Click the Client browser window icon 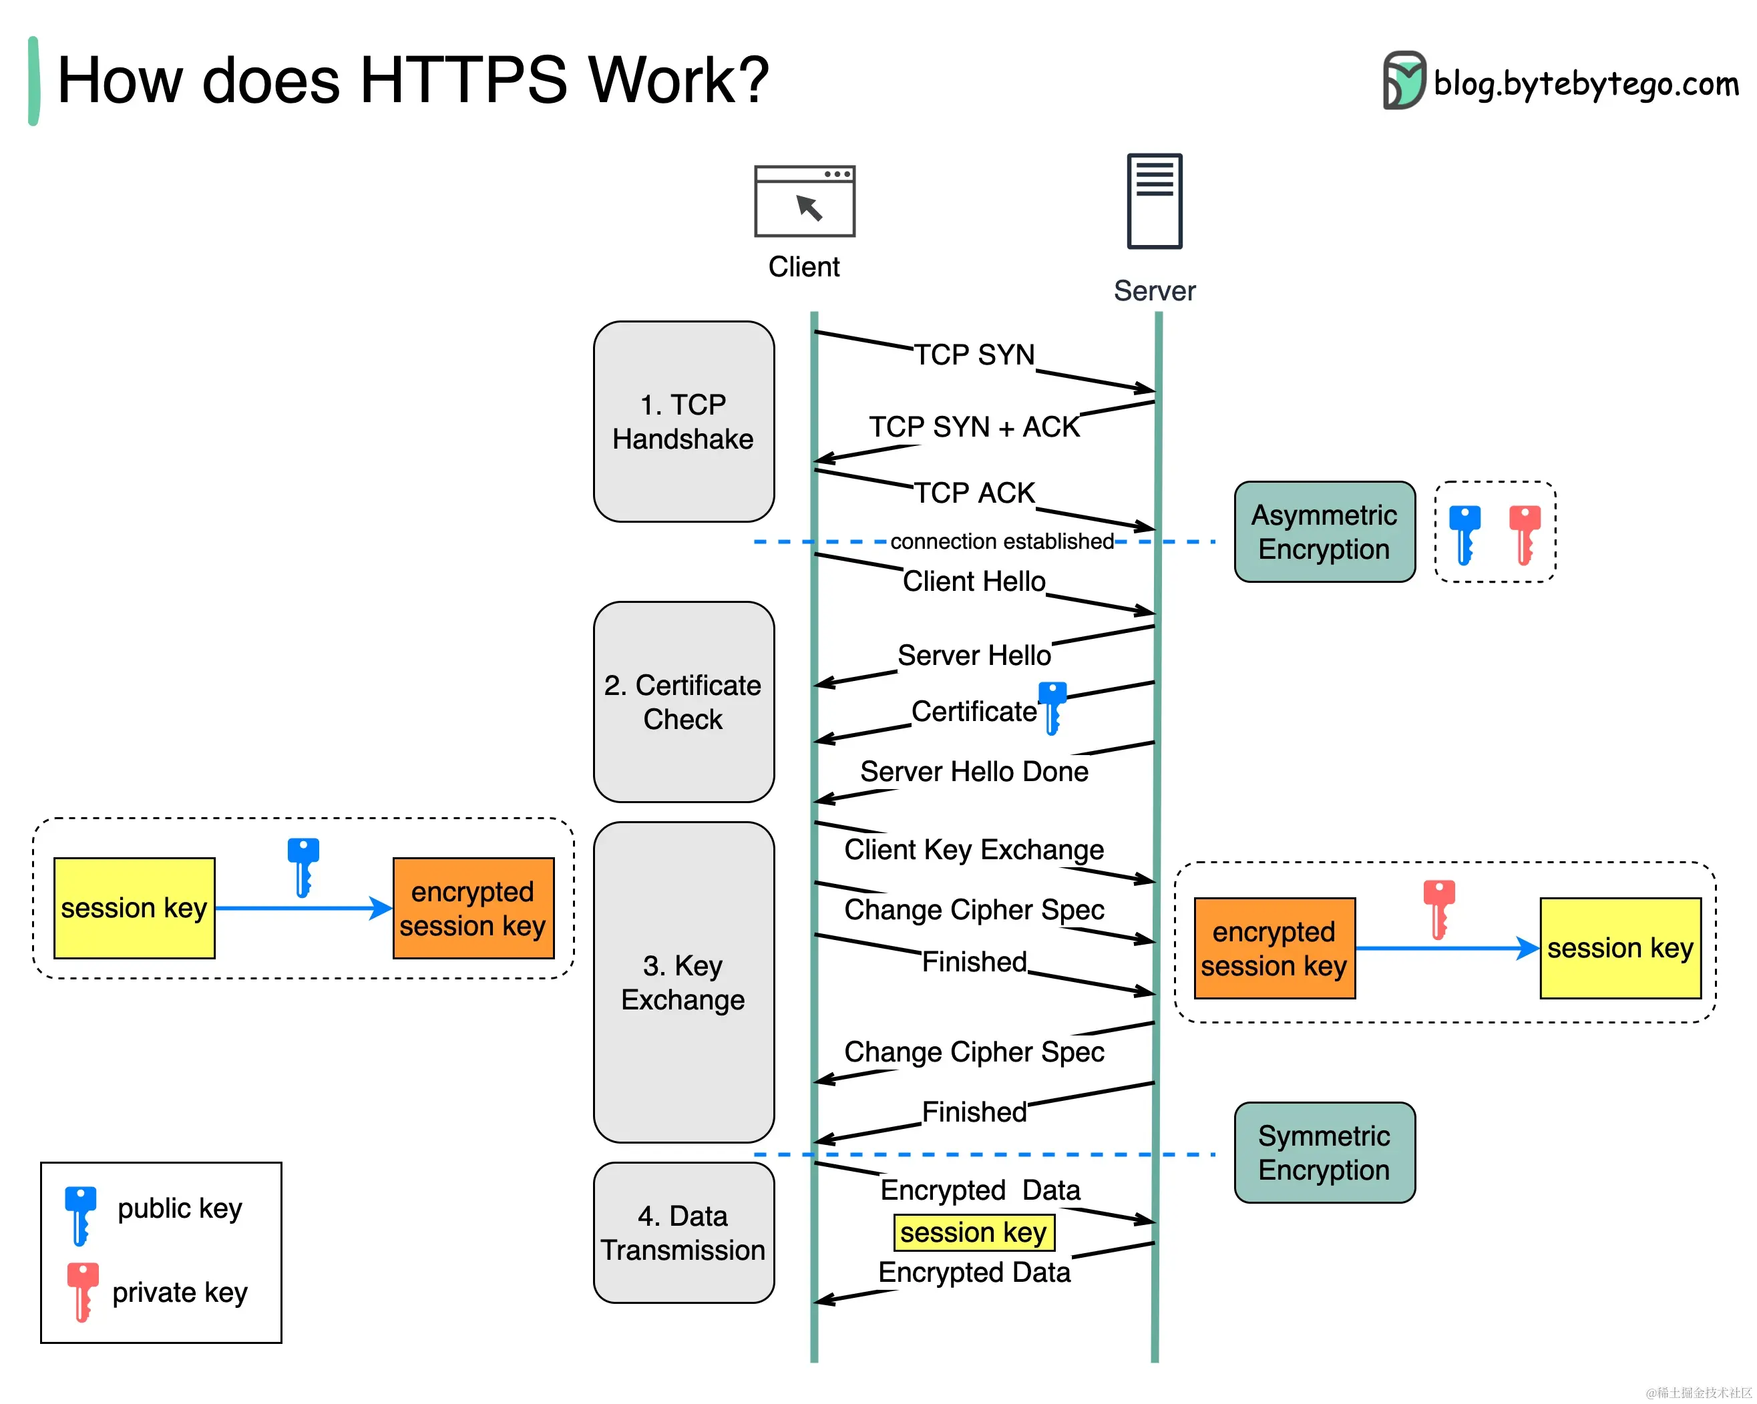pos(803,201)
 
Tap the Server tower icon pos(1154,200)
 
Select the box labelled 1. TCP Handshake pos(683,421)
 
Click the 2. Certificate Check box pos(683,702)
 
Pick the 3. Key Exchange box pos(683,981)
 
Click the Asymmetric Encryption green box pos(1324,531)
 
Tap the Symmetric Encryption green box pos(1324,1152)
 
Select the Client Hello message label pos(973,581)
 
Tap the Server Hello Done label pos(973,771)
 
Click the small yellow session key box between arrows pos(973,1231)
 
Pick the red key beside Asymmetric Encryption pos(1524,533)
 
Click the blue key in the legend pos(80,1214)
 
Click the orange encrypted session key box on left pos(473,908)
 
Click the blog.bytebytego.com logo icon pos(1402,80)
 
